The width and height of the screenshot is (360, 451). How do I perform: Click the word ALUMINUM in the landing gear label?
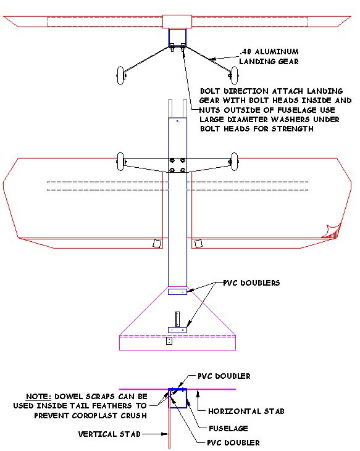click(277, 52)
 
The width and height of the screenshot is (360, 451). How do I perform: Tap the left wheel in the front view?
click(120, 75)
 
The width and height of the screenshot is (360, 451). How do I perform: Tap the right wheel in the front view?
click(235, 75)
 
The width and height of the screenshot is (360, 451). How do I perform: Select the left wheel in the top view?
click(120, 162)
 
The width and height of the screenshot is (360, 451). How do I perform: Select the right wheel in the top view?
click(235, 162)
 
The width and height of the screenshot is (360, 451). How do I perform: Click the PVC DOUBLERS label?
click(251, 283)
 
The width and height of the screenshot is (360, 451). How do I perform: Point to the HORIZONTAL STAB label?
click(246, 412)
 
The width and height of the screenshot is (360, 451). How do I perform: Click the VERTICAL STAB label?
click(109, 434)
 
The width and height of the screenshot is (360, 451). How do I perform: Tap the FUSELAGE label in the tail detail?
click(228, 429)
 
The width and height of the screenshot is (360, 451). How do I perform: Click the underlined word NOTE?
click(38, 397)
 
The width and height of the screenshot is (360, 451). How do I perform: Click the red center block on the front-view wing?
click(177, 22)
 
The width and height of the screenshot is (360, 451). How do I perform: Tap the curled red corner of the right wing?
click(332, 231)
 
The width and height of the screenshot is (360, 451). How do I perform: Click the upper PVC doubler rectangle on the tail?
click(178, 292)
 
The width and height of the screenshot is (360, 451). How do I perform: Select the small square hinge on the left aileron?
click(157, 243)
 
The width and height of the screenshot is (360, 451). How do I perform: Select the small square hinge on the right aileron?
click(199, 244)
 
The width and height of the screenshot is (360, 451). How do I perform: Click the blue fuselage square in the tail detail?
click(178, 398)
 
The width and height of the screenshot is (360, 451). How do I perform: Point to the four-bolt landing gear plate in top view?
click(177, 165)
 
